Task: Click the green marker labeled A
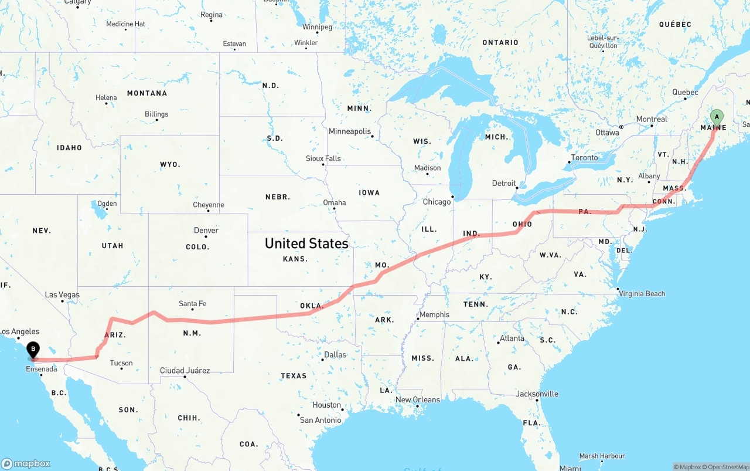coord(717,116)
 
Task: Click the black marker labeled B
coord(33,350)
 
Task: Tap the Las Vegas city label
coord(62,294)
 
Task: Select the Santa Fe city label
coord(192,304)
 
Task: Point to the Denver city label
coord(206,230)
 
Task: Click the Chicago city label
coord(437,202)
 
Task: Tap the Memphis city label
coord(434,314)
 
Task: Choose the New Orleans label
coord(418,399)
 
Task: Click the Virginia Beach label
coord(642,293)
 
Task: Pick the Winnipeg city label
coord(317,27)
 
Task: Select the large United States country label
coord(306,243)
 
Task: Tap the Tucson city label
coord(121,363)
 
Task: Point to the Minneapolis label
coord(350,131)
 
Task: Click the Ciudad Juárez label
coord(185,370)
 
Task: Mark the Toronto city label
coord(584,157)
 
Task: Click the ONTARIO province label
coord(500,42)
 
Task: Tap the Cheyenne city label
coord(209,205)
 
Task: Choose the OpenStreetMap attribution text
coord(726,467)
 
